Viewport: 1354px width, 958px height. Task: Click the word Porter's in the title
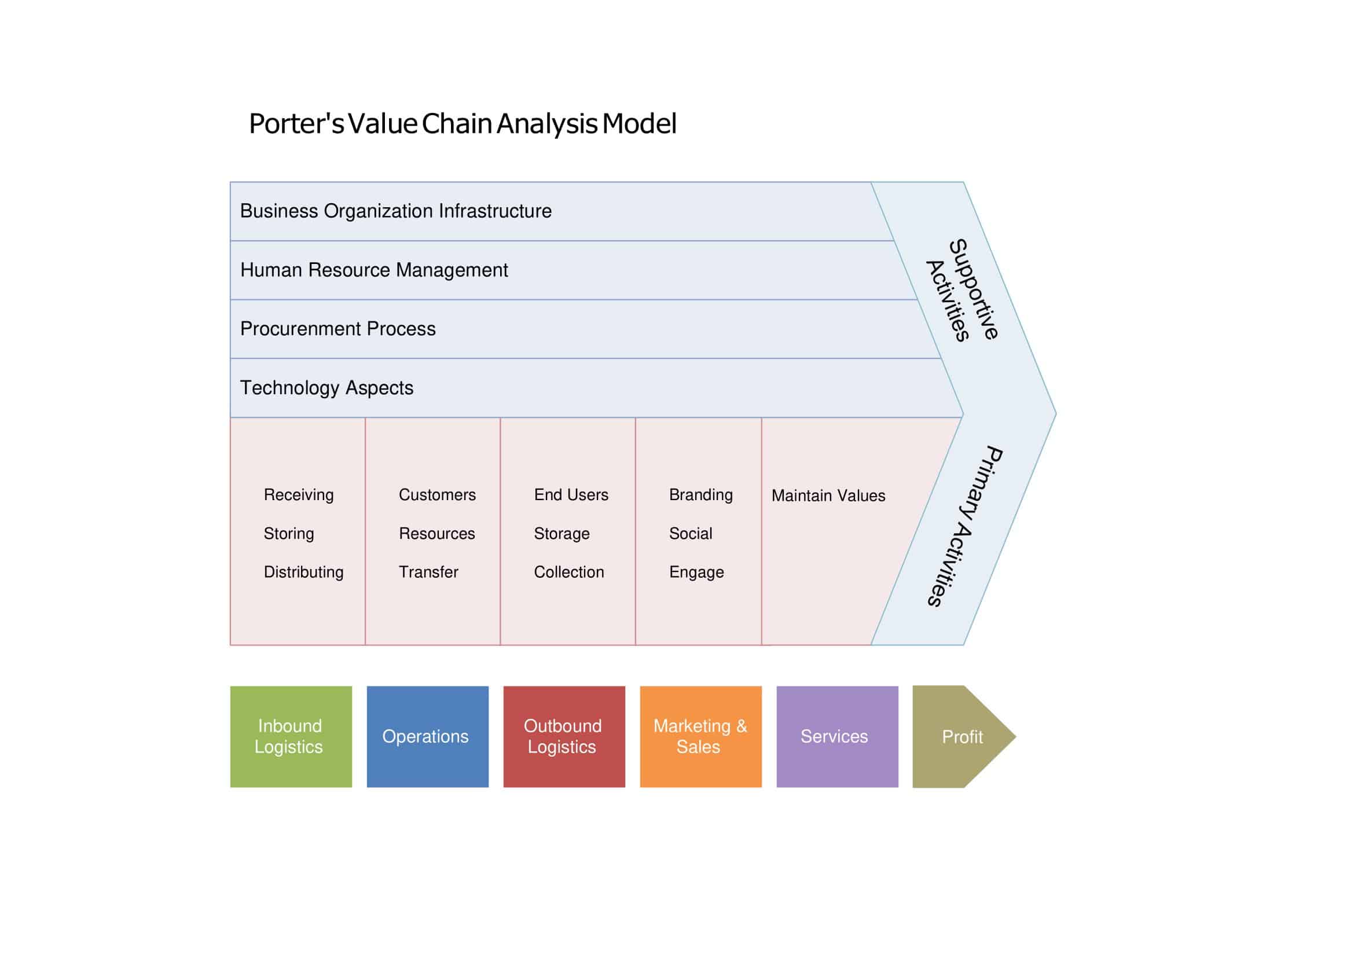(296, 124)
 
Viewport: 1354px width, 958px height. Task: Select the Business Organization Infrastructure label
(395, 211)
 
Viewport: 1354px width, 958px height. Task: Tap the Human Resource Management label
(373, 270)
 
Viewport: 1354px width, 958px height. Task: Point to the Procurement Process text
(337, 329)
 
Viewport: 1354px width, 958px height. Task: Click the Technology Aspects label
(326, 388)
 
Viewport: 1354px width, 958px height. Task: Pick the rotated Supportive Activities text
(962, 290)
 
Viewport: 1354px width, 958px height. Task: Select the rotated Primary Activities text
(964, 526)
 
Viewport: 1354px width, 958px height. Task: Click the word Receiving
(299, 495)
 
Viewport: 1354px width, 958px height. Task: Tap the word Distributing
(303, 572)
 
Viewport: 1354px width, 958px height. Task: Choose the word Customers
(436, 495)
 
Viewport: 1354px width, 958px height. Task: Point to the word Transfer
(428, 572)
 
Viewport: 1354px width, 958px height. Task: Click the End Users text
(571, 495)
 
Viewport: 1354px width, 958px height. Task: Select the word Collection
(568, 572)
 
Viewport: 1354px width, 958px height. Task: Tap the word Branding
(700, 495)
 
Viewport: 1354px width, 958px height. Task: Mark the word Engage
(696, 572)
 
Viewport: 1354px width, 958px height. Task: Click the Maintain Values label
(828, 496)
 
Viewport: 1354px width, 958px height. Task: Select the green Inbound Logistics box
(291, 736)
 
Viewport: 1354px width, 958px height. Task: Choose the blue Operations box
(427, 736)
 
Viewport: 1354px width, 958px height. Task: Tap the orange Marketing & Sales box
(700, 736)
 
